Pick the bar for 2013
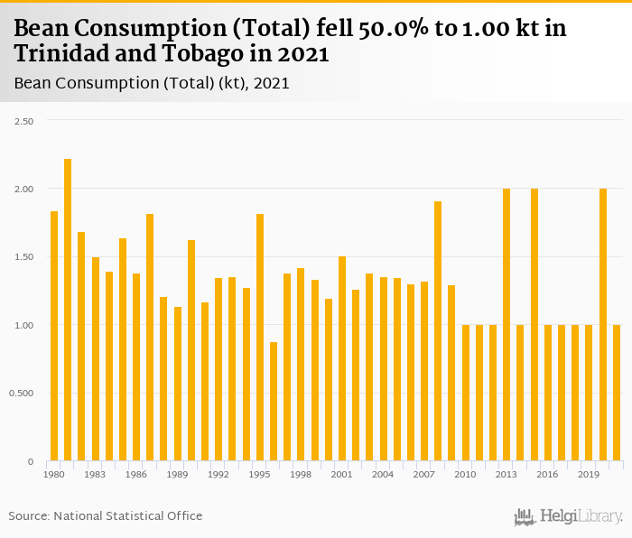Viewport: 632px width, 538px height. click(507, 325)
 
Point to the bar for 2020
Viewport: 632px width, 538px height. click(603, 325)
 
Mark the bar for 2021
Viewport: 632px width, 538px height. click(617, 393)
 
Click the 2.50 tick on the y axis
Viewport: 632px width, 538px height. click(25, 121)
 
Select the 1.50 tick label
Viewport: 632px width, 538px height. click(25, 257)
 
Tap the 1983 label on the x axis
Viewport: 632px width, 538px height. click(95, 474)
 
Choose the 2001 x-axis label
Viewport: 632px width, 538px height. click(342, 474)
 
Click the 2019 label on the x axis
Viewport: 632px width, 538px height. click(589, 474)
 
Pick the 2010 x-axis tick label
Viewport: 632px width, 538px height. click(465, 474)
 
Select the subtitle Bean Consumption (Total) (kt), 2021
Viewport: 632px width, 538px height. click(151, 83)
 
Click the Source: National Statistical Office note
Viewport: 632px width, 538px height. click(106, 516)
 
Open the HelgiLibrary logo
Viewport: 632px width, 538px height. click(568, 517)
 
